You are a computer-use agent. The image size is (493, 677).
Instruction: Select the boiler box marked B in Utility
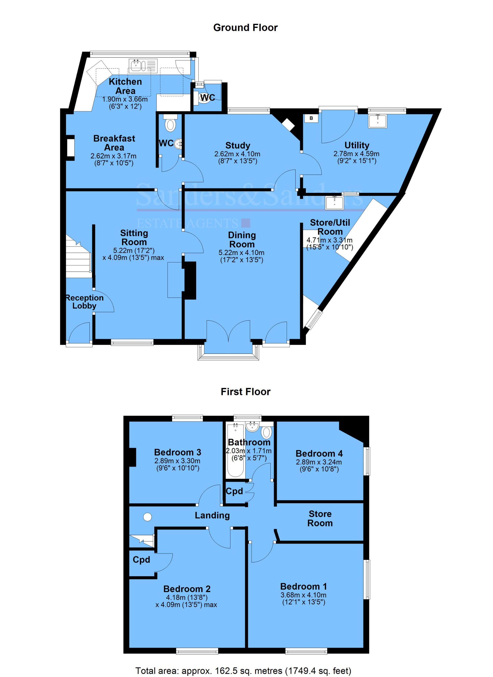[x=311, y=118]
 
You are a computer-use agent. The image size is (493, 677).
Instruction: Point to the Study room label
[x=237, y=145]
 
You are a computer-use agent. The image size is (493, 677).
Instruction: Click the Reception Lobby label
[x=84, y=302]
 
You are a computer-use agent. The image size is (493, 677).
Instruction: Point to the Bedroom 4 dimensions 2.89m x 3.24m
[x=319, y=462]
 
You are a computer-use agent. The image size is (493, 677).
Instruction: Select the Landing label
[x=212, y=515]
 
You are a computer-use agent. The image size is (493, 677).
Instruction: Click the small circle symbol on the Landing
[x=148, y=517]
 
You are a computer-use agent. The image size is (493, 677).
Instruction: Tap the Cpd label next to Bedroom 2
[x=141, y=559]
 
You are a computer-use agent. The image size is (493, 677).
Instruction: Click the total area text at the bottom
[x=243, y=671]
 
